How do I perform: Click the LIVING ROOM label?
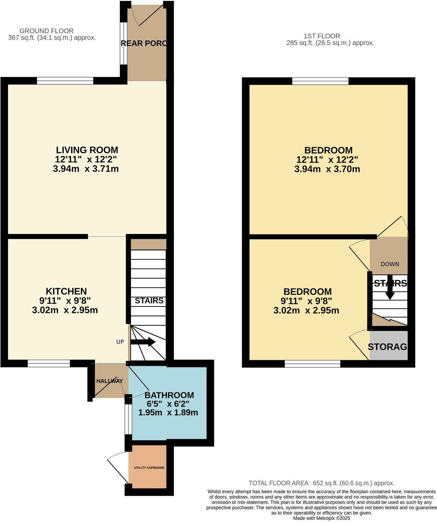(x=87, y=150)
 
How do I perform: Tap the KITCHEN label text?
(x=66, y=291)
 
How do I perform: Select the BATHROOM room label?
(x=169, y=395)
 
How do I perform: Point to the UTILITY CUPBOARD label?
(x=149, y=468)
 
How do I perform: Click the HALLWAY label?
(x=110, y=381)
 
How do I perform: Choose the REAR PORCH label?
(x=144, y=43)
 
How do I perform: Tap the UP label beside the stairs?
(x=120, y=342)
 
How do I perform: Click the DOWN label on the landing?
(x=390, y=264)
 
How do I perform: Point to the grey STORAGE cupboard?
(x=389, y=346)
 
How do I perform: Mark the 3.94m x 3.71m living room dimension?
(x=86, y=169)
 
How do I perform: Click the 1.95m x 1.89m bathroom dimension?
(x=168, y=413)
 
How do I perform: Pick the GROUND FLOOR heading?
(x=46, y=31)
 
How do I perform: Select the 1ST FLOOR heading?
(x=322, y=36)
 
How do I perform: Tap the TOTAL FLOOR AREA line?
(x=321, y=483)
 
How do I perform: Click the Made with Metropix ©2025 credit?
(x=321, y=518)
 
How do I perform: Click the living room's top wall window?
(x=65, y=81)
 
